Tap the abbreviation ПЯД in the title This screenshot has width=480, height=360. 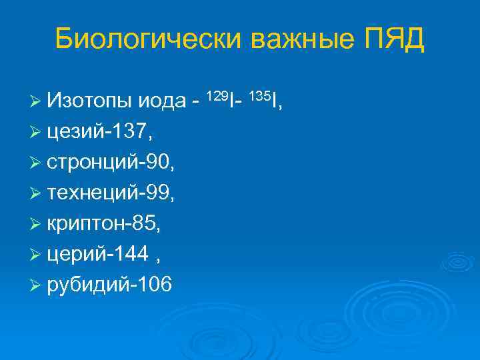(x=394, y=39)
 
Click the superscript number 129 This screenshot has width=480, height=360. (x=218, y=95)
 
